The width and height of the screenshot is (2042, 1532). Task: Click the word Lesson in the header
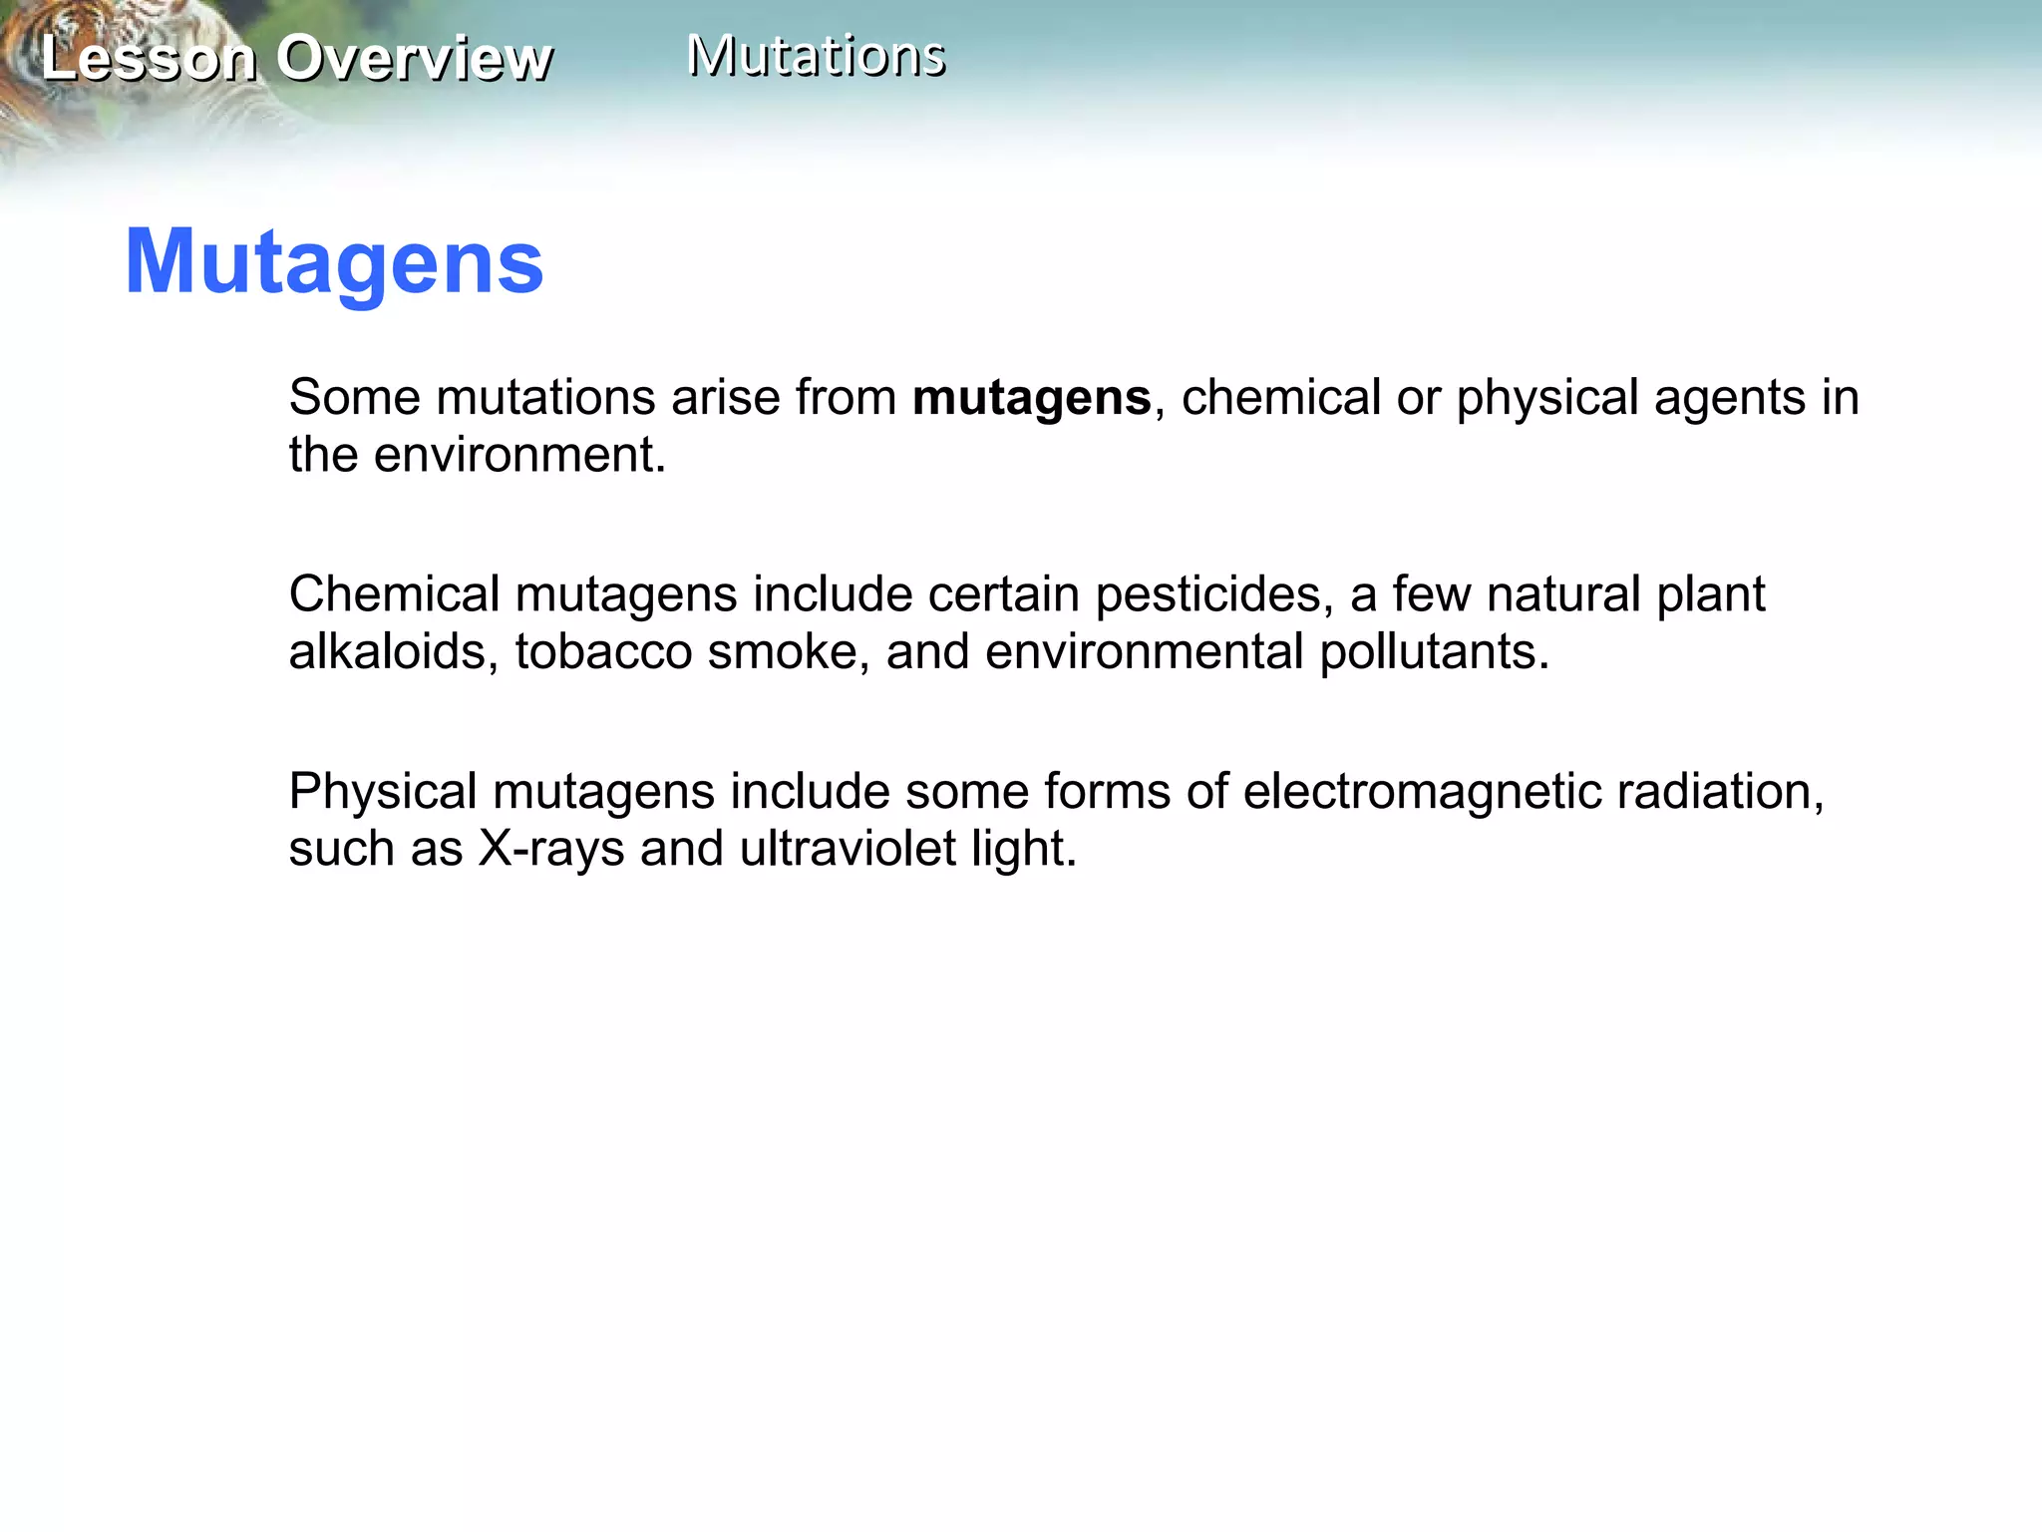149,59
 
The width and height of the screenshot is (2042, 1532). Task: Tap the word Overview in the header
414,59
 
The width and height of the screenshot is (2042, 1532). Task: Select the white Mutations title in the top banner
816,56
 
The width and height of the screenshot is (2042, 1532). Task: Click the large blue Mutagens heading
334,262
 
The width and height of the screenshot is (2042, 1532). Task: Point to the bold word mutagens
1031,398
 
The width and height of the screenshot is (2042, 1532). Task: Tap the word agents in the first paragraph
1726,398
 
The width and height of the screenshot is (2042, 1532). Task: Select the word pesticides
1213,594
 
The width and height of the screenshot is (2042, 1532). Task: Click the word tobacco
603,652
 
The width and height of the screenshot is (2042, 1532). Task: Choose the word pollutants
1434,652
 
